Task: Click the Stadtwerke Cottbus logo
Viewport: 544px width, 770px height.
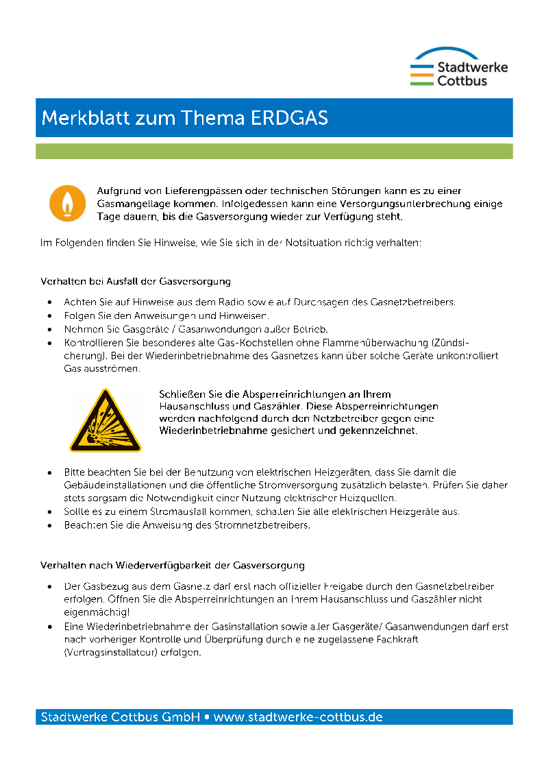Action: (458, 67)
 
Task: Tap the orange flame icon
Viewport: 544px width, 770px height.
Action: (67, 202)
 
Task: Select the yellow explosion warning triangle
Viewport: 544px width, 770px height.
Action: (105, 421)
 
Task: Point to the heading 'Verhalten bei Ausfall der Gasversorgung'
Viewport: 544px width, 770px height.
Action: (136, 281)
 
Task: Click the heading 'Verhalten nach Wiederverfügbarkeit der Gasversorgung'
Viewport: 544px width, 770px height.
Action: (173, 566)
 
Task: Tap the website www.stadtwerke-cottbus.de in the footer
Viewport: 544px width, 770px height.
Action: (298, 717)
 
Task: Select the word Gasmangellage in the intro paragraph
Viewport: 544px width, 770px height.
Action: (131, 204)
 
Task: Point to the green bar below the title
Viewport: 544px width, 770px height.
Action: (274, 151)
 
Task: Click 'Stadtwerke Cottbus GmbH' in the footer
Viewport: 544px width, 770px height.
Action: (121, 717)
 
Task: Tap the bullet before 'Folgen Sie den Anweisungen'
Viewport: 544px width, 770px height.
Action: (49, 315)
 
